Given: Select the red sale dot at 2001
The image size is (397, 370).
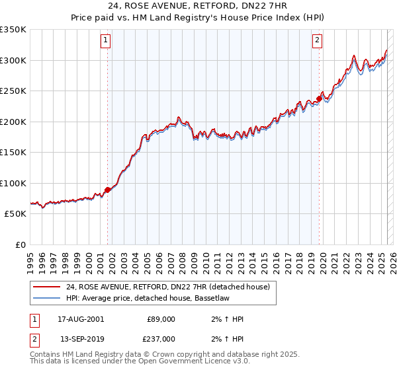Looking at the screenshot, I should pyautogui.click(x=107, y=190).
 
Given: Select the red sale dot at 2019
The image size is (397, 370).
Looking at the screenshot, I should pyautogui.click(x=319, y=99).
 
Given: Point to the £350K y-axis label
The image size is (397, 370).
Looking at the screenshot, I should pyautogui.click(x=13, y=30).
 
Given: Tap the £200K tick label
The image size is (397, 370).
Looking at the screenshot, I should pyautogui.click(x=13, y=122).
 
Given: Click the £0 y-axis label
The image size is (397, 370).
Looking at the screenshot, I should pyautogui.click(x=21, y=244).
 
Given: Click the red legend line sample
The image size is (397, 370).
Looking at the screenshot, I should pyautogui.click(x=46, y=287).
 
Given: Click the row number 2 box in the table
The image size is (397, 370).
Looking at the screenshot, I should pyautogui.click(x=34, y=339).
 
